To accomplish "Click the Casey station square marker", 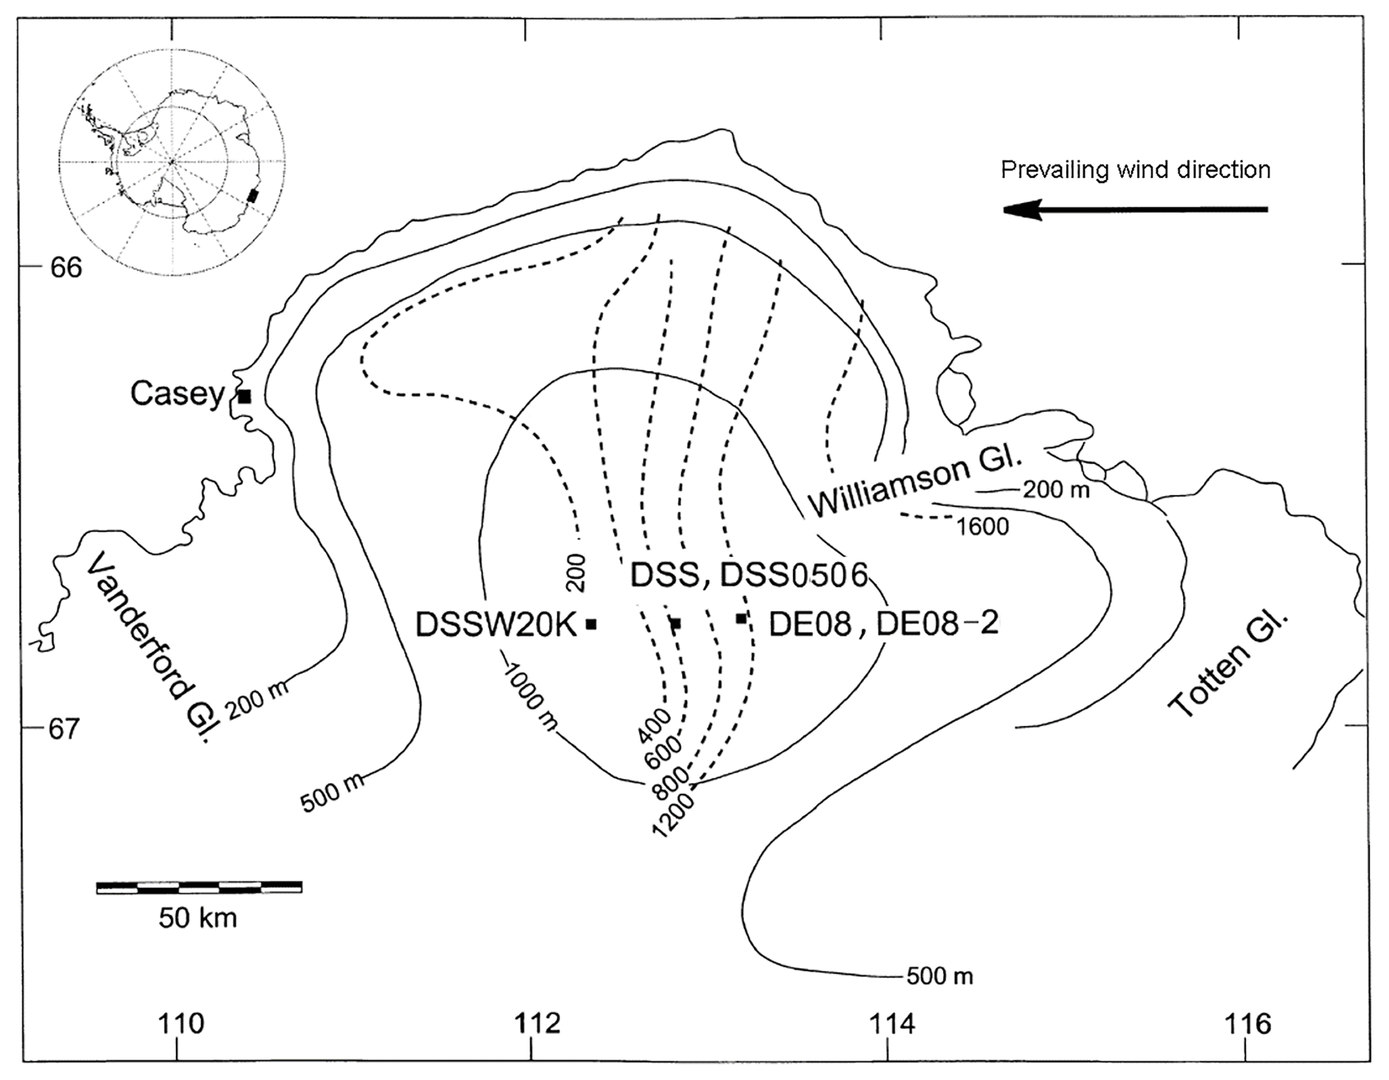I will click(x=245, y=397).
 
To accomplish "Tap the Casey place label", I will click(x=177, y=393).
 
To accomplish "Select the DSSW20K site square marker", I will click(x=591, y=624).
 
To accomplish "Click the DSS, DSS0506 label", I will click(x=749, y=575).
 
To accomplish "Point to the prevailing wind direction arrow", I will click(x=1135, y=210).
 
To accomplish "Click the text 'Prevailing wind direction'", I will click(x=1136, y=170).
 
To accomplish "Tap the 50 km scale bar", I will click(x=199, y=887).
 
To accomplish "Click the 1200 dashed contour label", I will click(x=673, y=816).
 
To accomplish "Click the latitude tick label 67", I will click(x=65, y=729).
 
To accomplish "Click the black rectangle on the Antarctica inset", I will click(x=253, y=195).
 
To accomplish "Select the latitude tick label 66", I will click(x=66, y=267).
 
